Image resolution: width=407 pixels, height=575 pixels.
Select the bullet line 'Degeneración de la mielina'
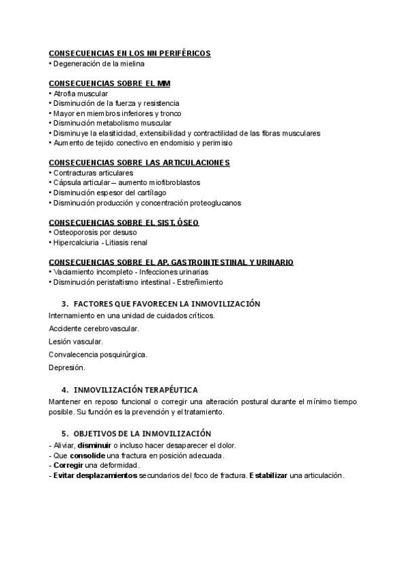tap(98, 64)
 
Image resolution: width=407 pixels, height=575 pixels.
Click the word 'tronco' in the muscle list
tap(171, 113)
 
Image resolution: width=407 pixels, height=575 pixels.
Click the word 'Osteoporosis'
tap(73, 233)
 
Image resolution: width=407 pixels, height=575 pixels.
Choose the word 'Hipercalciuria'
tap(74, 242)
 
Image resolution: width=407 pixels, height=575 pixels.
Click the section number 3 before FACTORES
tap(64, 304)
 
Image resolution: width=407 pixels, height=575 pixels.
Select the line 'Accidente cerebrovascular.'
tap(94, 329)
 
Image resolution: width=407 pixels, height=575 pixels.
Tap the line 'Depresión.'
tap(67, 368)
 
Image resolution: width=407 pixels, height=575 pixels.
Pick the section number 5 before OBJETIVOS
tap(64, 433)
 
